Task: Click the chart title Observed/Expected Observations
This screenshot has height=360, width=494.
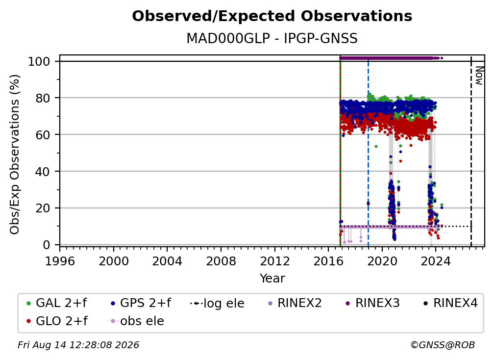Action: click(272, 16)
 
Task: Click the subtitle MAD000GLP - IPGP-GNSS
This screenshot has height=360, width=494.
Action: click(272, 38)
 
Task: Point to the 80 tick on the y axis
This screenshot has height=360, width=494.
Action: click(43, 98)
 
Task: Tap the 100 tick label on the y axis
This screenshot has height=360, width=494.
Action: click(39, 61)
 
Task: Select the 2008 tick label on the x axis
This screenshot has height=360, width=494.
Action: click(221, 261)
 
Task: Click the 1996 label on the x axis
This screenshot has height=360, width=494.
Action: click(60, 261)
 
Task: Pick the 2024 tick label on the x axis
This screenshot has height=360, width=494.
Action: click(436, 261)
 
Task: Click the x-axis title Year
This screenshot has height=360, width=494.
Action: click(272, 278)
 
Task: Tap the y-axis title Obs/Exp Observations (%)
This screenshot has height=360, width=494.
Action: click(15, 154)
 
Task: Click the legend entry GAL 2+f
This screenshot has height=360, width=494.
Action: click(57, 303)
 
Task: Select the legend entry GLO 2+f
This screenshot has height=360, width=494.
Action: click(57, 321)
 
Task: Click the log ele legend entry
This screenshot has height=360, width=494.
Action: click(218, 303)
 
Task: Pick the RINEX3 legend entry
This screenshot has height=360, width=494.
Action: click(372, 303)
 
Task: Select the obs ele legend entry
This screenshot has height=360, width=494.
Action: click(135, 321)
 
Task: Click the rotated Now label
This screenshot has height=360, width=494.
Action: click(479, 76)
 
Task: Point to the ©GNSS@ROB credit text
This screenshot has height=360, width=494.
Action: click(443, 345)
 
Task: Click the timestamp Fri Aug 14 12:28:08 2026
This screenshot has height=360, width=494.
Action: click(78, 345)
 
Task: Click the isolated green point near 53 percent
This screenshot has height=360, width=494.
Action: click(376, 146)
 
